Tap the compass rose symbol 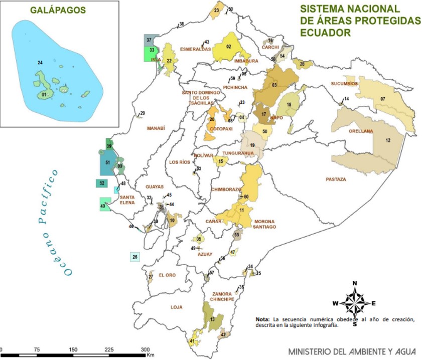pos(355,303)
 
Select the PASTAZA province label pos(336,178)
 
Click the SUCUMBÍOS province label pos(344,84)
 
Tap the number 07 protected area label pos(383,99)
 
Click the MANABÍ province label pos(156,129)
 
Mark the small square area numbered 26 pos(135,257)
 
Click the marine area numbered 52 pos(102,184)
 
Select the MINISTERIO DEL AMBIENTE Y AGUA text pos(351,350)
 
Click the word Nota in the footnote pos(262,319)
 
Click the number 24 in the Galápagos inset pos(40,62)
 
